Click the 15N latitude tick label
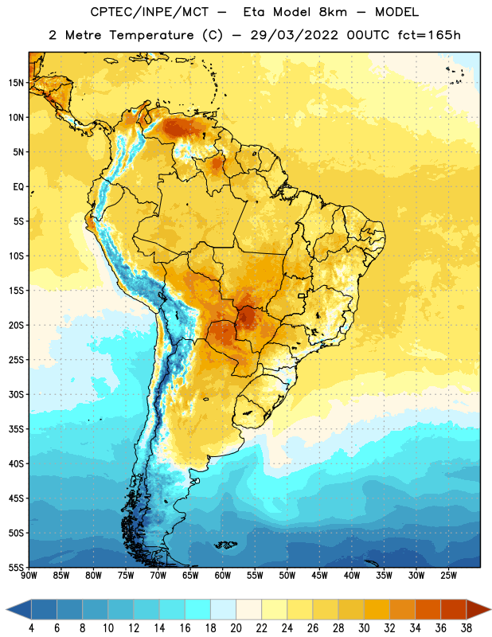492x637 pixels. point(16,83)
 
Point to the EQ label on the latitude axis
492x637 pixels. point(18,187)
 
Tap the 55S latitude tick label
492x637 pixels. point(16,567)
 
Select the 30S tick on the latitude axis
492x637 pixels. point(16,394)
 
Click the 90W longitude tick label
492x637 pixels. point(29,575)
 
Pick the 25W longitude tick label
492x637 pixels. point(448,575)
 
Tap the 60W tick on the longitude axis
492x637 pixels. point(223,575)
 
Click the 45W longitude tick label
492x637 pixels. point(320,575)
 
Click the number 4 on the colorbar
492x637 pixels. point(31,628)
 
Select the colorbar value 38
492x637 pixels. point(467,628)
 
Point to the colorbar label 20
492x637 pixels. point(236,628)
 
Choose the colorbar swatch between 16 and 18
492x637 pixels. point(198,610)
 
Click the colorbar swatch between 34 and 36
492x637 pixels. point(428,610)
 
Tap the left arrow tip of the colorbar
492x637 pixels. point(6,610)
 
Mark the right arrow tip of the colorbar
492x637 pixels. point(490,610)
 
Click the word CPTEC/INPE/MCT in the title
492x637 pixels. point(149,12)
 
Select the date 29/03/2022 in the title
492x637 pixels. point(294,35)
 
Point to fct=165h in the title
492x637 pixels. point(429,35)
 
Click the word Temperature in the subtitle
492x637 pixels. point(151,35)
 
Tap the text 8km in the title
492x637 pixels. point(333,12)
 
